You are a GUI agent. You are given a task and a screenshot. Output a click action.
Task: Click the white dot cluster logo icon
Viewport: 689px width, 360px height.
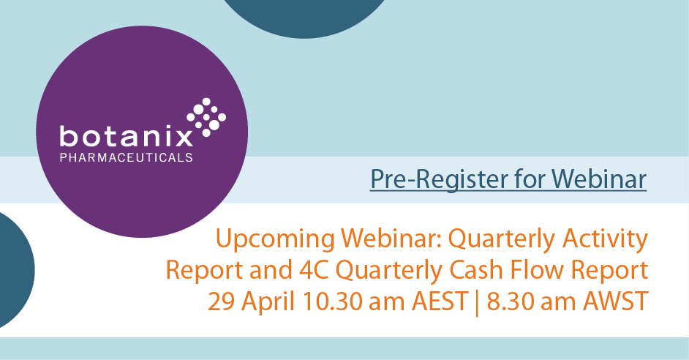click(207, 117)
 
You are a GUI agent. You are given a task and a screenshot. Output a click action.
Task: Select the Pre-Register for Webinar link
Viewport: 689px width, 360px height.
click(508, 179)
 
